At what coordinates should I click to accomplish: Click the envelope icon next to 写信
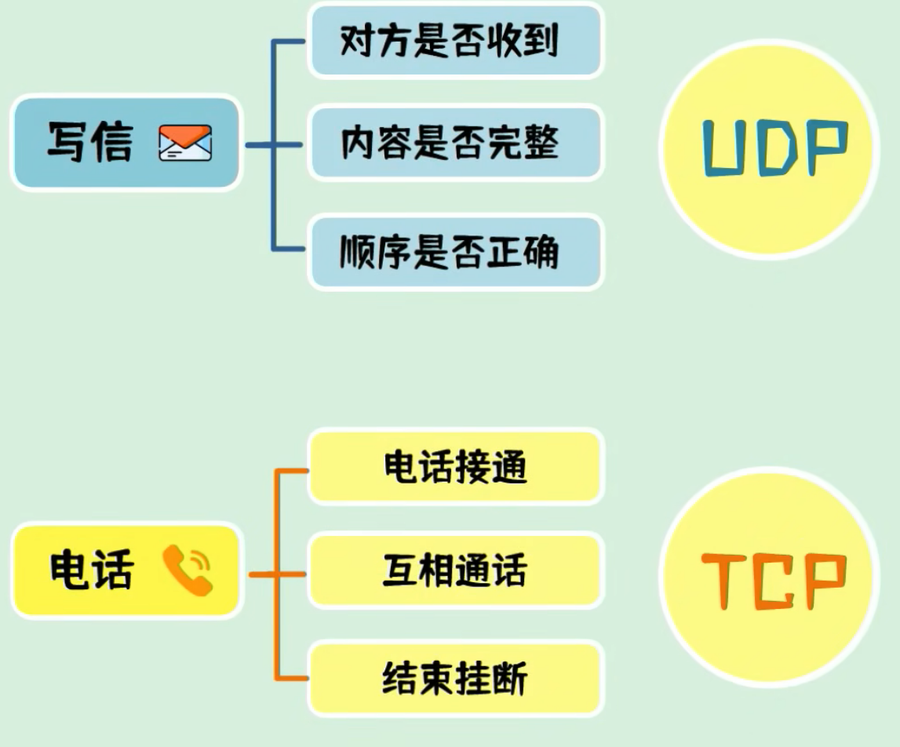point(185,144)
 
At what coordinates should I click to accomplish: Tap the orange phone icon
point(188,570)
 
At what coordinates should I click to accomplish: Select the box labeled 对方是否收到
point(456,40)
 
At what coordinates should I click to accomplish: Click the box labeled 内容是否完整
point(456,144)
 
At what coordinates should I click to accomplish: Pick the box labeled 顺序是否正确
point(456,253)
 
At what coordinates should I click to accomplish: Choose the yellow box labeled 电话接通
point(456,467)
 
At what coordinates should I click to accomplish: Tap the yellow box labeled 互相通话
point(456,570)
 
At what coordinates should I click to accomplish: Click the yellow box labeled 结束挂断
point(456,678)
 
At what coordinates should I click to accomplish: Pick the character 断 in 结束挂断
point(509,678)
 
